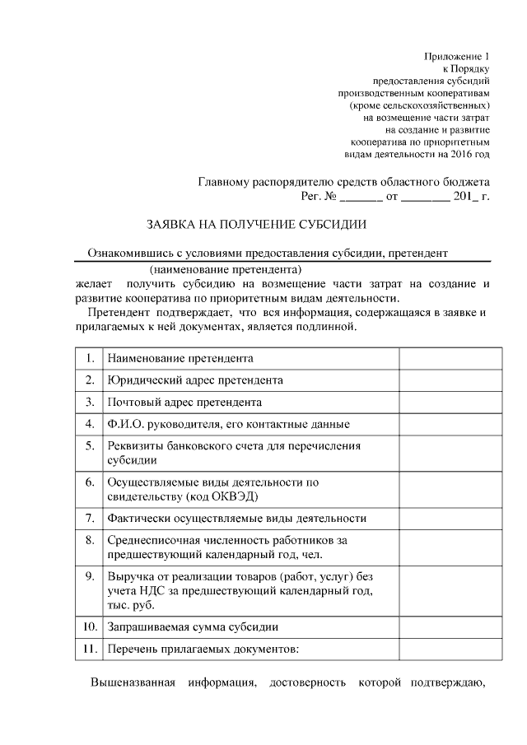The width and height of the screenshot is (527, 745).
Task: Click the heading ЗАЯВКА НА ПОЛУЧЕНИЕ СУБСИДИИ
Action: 256,224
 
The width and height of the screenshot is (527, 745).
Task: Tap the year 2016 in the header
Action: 460,154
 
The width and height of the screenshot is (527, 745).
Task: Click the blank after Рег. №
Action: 361,198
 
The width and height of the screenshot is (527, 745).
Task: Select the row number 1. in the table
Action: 89,358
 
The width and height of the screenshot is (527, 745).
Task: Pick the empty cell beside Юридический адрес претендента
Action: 451,380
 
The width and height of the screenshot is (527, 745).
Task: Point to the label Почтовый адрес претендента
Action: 185,403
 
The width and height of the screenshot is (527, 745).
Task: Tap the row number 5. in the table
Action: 89,446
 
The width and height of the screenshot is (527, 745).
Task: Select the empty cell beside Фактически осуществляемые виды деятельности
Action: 451,518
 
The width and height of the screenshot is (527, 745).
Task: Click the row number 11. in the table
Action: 88,650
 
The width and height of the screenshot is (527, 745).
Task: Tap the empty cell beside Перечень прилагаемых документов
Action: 451,650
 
